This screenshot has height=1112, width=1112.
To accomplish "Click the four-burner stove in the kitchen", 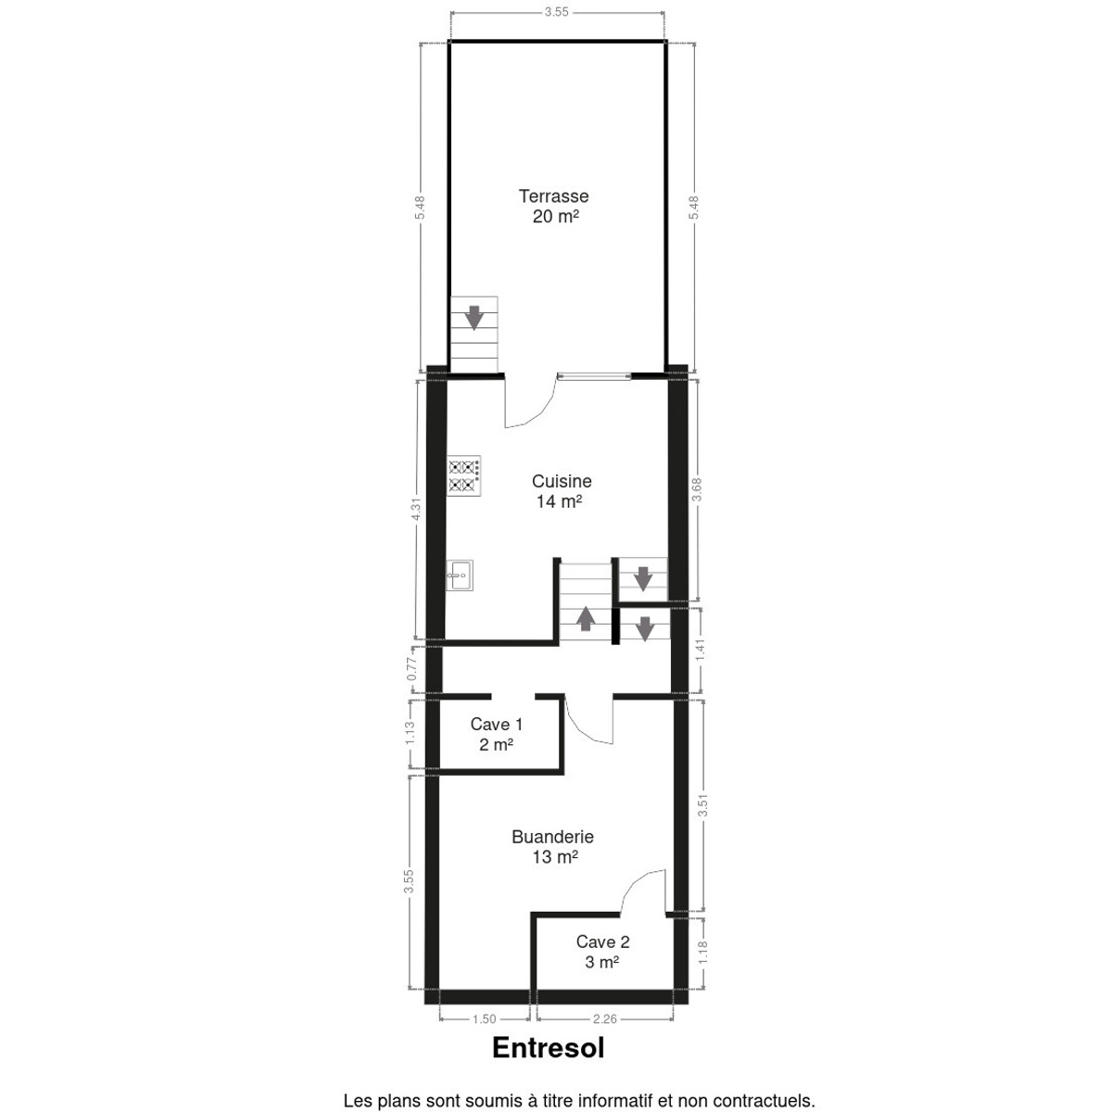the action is (464, 476).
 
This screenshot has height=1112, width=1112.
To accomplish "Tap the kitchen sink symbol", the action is (460, 575).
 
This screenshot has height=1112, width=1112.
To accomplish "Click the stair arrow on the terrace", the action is (474, 318).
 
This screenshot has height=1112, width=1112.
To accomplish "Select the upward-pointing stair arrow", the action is (587, 618).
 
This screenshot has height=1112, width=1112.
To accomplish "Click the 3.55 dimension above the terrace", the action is (556, 12).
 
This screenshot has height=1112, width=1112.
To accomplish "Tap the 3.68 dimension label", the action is (697, 490).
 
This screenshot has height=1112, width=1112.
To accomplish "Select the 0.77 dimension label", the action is (412, 669).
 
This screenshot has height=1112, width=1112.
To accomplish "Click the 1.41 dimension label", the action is (701, 651).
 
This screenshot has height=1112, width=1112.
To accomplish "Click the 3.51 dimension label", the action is (702, 805).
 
